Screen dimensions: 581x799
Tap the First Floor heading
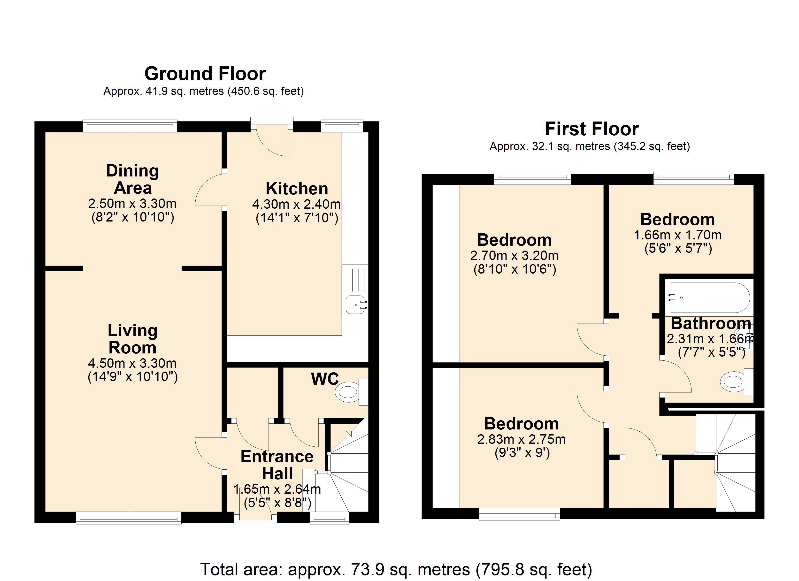(592, 129)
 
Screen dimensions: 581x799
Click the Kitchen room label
(297, 189)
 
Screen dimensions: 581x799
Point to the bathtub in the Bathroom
(709, 298)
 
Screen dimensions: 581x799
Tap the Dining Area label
(132, 179)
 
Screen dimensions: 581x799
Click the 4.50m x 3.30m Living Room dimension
(132, 363)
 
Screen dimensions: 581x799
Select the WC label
(324, 379)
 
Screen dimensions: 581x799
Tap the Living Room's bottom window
(129, 518)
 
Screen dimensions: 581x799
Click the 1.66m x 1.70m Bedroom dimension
(677, 235)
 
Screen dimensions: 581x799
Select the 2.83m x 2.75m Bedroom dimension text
(521, 439)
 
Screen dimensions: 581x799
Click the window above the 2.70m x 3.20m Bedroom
(532, 178)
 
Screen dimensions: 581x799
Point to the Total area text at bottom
(396, 569)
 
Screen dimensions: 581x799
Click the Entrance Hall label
(277, 465)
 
